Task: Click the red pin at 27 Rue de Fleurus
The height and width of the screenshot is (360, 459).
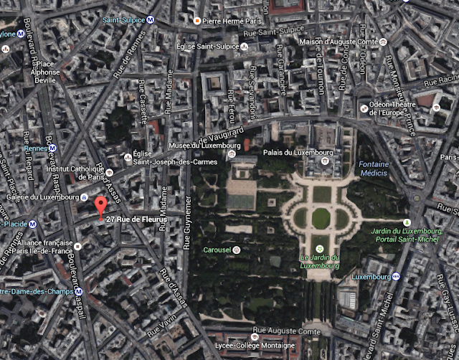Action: [100, 207]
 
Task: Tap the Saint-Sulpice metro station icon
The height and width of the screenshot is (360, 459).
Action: [150, 20]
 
